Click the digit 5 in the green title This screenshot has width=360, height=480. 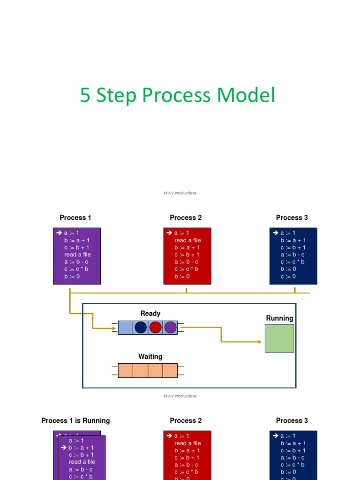tap(85, 95)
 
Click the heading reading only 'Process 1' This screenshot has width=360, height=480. tap(75, 217)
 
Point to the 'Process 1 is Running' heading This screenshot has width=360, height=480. tap(75, 420)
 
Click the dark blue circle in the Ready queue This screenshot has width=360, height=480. tap(141, 327)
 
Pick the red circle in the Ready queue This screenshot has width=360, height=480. tap(156, 327)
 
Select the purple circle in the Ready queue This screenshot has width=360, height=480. tap(170, 327)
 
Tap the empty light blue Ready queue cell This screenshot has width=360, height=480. tap(125, 327)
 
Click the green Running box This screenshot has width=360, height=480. tap(279, 338)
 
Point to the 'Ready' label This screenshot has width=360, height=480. tap(150, 313)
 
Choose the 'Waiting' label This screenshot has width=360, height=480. tap(150, 357)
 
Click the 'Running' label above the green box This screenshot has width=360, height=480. tap(279, 318)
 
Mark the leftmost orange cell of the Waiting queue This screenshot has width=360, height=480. tap(126, 370)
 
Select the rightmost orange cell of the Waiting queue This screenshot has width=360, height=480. tap(170, 370)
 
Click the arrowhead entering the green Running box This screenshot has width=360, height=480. tap(260, 342)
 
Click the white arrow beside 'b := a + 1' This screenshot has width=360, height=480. tap(63, 448)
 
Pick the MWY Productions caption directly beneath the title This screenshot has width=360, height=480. tap(180, 193)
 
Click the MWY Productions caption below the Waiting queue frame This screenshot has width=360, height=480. tap(180, 396)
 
